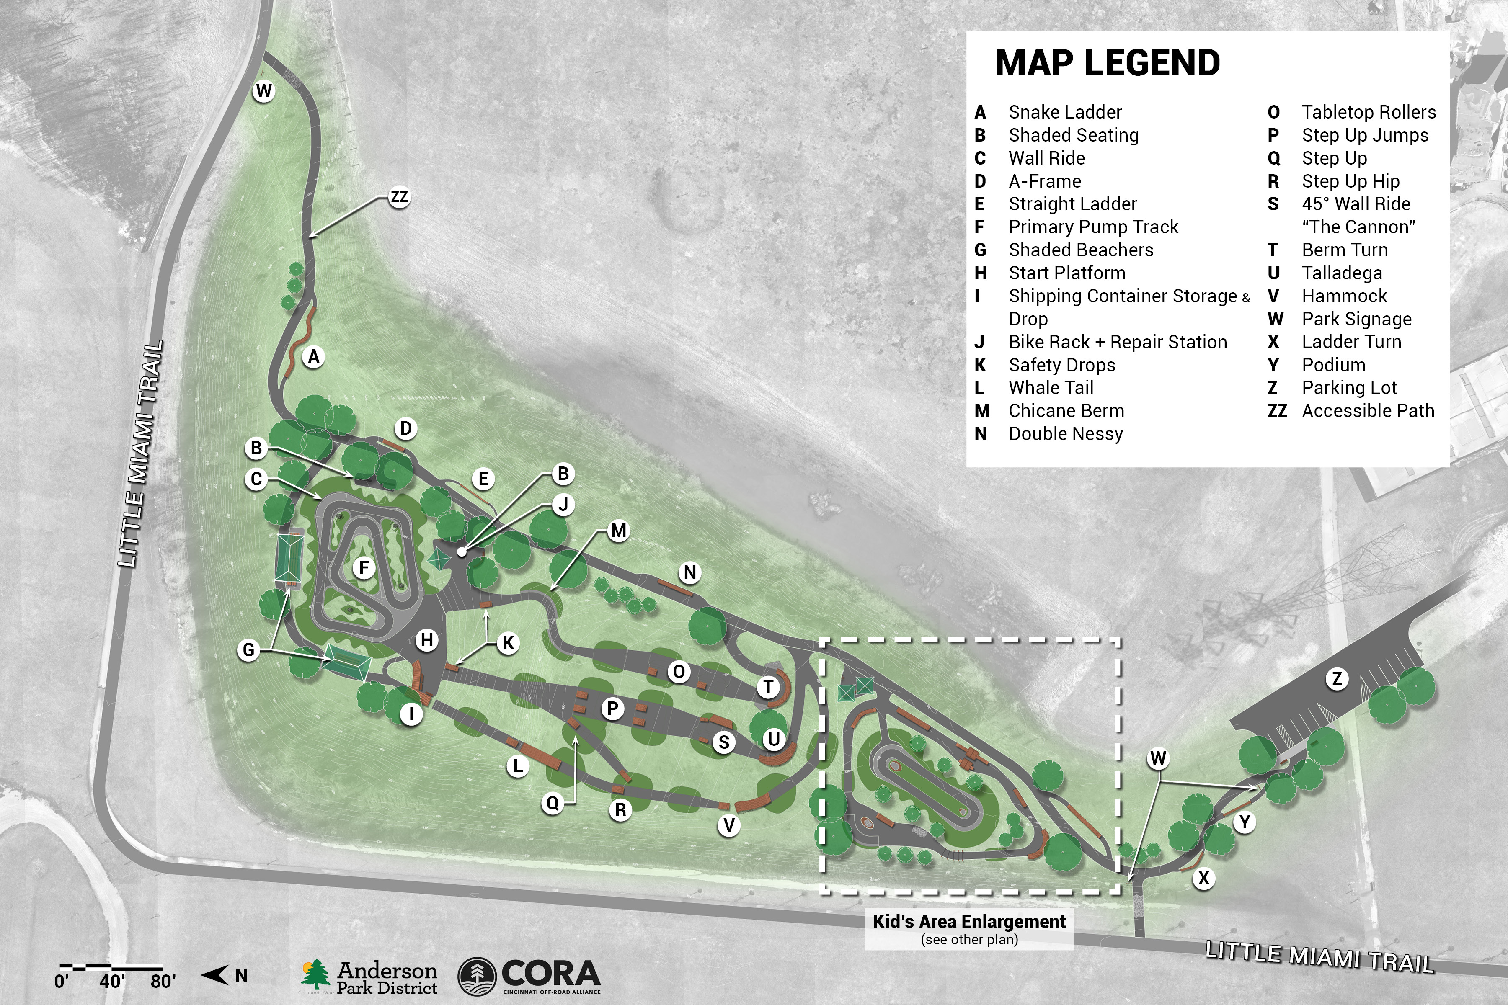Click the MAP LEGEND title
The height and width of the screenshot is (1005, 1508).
[1107, 63]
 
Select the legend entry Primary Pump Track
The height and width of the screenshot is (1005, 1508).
[1093, 227]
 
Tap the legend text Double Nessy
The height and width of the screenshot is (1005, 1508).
[1066, 434]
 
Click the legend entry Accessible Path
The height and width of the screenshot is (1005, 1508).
[1368, 411]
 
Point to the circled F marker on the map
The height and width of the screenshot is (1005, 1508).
[364, 567]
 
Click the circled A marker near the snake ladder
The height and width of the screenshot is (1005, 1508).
[313, 356]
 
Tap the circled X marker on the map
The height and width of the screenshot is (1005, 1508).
[1203, 877]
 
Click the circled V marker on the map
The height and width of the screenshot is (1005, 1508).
[729, 825]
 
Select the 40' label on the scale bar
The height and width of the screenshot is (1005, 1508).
[111, 981]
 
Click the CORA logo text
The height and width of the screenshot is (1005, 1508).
[551, 974]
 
